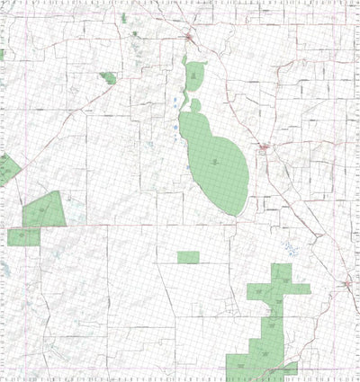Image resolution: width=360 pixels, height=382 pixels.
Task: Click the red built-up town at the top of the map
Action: pos(189,38)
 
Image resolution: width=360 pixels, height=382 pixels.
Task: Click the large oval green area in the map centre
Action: pos(216,162)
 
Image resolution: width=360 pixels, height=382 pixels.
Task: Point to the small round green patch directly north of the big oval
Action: pos(195,105)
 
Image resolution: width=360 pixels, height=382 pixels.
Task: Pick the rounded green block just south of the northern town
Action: pos(193,74)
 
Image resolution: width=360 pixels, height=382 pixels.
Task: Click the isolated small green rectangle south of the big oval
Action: pos(187,258)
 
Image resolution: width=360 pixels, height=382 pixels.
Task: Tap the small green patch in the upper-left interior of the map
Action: pos(108,77)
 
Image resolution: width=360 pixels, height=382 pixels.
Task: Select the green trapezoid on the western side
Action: pos(43,211)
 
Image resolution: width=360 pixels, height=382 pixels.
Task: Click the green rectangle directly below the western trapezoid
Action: pos(23,236)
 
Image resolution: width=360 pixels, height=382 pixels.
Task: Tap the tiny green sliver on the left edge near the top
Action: pos(3,54)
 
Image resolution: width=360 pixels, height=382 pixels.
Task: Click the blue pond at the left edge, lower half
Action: pos(4,270)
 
